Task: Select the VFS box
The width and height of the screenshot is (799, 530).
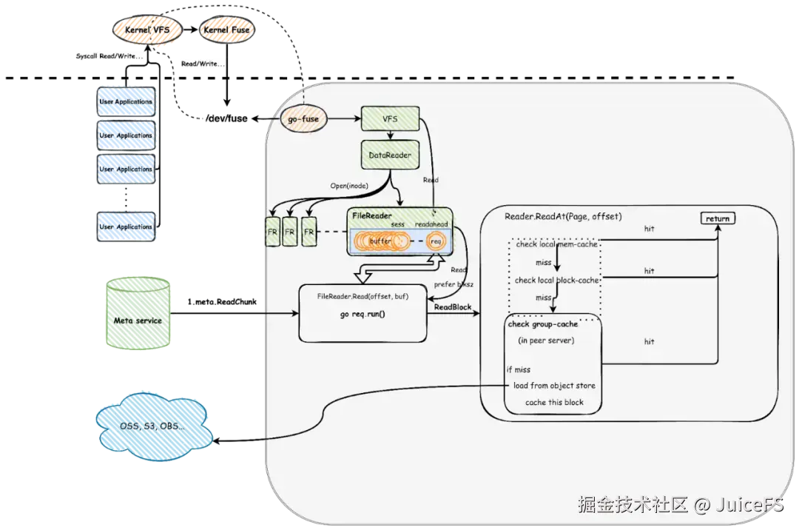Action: pyautogui.click(x=389, y=118)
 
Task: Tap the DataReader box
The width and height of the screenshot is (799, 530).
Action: pyautogui.click(x=389, y=155)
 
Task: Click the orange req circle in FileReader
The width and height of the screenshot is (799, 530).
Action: pyautogui.click(x=436, y=241)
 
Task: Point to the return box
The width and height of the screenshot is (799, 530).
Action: pyautogui.click(x=717, y=218)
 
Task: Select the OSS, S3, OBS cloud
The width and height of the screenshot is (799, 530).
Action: pyautogui.click(x=152, y=427)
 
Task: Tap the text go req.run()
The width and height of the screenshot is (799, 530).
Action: pyautogui.click(x=363, y=314)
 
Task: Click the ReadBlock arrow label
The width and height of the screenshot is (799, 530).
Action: pyautogui.click(x=453, y=307)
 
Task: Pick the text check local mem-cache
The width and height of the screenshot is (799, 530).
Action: pyautogui.click(x=557, y=244)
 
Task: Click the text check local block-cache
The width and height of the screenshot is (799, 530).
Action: pyautogui.click(x=557, y=281)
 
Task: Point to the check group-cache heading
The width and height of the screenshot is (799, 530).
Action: pyautogui.click(x=543, y=324)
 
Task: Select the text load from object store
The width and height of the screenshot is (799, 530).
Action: pyautogui.click(x=554, y=386)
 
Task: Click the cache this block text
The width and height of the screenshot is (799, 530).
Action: pyautogui.click(x=554, y=403)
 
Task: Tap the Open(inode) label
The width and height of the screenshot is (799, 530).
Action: pyautogui.click(x=351, y=186)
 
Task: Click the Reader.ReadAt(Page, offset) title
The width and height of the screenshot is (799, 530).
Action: pyautogui.click(x=563, y=217)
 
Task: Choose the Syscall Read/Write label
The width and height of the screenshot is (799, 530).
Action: pyautogui.click(x=109, y=56)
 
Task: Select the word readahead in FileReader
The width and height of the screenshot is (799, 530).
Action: pyautogui.click(x=431, y=224)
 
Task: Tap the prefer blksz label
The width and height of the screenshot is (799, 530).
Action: pyautogui.click(x=454, y=284)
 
